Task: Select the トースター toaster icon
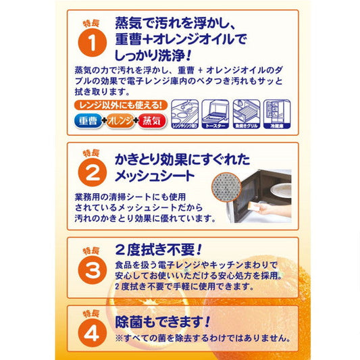point(217,115)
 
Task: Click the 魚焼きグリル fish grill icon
point(247,115)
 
